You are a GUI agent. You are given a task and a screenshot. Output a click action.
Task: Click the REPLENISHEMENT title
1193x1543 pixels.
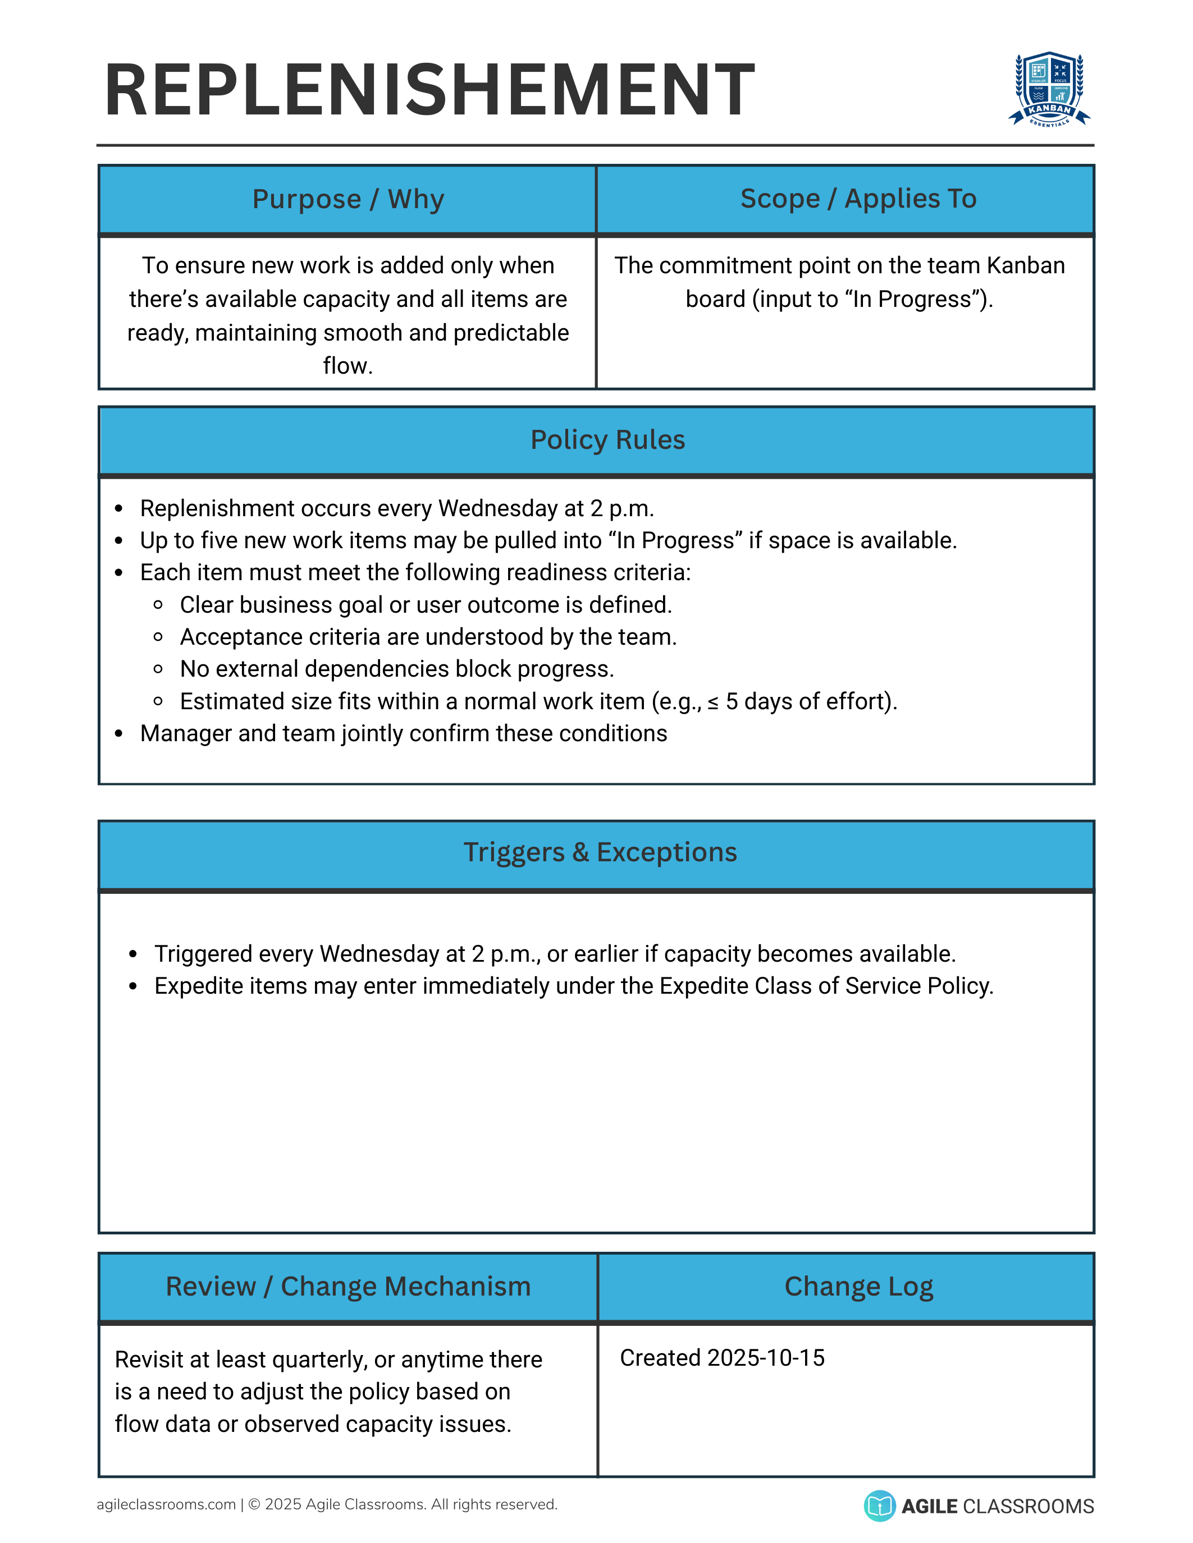pos(429,90)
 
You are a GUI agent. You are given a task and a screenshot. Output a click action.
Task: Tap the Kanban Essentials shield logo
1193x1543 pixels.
pos(1049,89)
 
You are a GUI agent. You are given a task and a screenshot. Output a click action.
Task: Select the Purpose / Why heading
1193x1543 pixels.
pos(348,199)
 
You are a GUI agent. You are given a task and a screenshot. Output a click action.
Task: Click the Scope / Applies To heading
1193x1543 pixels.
pos(858,199)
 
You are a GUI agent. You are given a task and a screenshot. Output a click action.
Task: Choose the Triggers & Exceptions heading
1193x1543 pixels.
pos(600,853)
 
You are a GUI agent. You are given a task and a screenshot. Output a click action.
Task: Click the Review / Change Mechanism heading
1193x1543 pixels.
pos(348,1287)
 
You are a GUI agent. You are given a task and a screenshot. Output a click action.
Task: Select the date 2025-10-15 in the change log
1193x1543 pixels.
pos(765,1358)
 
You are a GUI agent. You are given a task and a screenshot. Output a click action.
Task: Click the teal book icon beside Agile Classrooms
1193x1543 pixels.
pos(879,1505)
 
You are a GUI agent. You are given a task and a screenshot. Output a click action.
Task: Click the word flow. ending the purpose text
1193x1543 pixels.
pos(348,366)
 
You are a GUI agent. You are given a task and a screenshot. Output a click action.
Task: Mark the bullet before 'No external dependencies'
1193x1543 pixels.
pos(158,669)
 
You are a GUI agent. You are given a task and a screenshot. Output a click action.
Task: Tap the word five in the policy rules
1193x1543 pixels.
pos(219,540)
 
